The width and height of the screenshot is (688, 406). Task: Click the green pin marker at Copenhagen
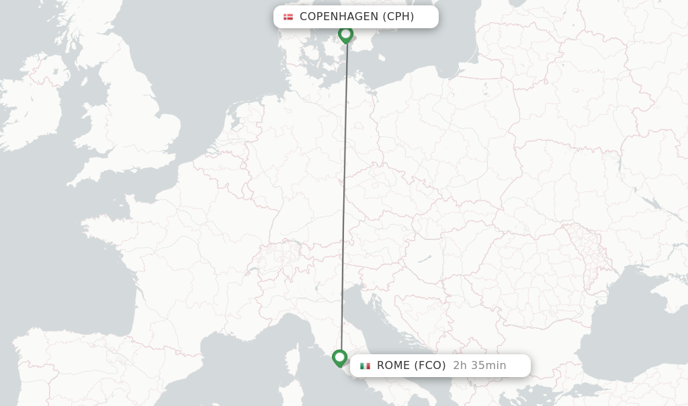[x=345, y=34]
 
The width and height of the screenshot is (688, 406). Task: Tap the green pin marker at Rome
[x=339, y=358]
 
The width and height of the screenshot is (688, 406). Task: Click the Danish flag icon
[x=288, y=17]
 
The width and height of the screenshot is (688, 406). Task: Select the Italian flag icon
[x=365, y=366]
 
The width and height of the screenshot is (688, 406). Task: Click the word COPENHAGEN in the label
[x=339, y=17]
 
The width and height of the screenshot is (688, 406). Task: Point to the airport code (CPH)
[x=398, y=17]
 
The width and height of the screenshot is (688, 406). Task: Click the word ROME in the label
[x=392, y=366]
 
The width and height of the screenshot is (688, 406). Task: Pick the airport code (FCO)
[x=430, y=366]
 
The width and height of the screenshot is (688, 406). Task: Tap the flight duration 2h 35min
[x=479, y=366]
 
